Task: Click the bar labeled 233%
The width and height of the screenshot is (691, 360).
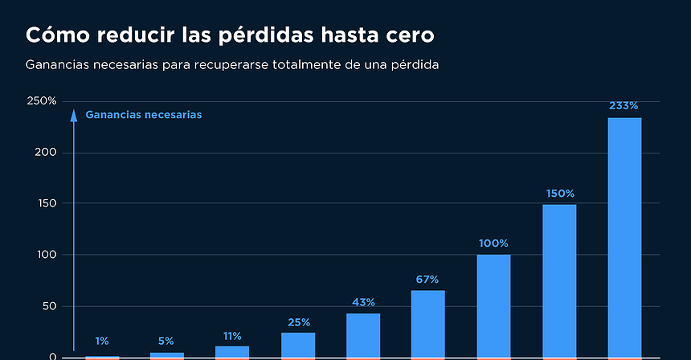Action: [624, 237]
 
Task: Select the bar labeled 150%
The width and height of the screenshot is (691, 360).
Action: [559, 280]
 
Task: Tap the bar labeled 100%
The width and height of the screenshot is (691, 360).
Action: [493, 305]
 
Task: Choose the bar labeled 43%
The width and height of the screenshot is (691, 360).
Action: [363, 334]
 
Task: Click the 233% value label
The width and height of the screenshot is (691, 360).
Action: [624, 105]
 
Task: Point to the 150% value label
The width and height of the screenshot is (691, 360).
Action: [559, 194]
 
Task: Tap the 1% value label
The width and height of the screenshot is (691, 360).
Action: [102, 341]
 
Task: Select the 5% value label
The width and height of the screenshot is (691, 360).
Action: [166, 341]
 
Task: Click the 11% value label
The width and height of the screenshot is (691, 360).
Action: [232, 336]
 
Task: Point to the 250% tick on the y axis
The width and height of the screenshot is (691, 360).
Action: [42, 101]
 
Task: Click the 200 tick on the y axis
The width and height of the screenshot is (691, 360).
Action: [46, 153]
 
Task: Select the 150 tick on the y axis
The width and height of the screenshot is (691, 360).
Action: [46, 203]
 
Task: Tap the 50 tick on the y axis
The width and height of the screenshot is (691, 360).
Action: [48, 306]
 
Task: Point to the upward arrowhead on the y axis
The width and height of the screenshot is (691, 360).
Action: [74, 115]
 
